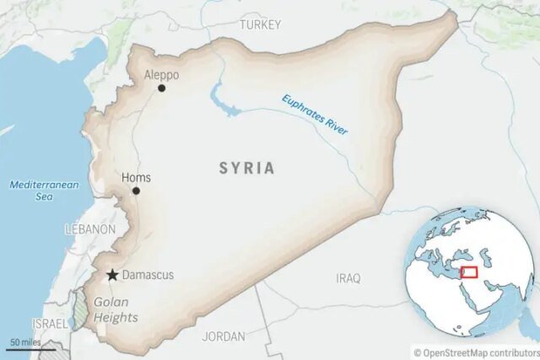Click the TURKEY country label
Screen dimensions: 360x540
coord(259,25)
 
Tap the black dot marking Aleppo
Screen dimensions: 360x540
coord(161,88)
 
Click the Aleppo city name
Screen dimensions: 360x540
coord(161,74)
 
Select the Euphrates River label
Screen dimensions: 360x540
coord(315,115)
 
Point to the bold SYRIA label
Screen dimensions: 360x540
coord(246,168)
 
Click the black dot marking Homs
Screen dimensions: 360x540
coord(136,191)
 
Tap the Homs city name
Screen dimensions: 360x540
coord(136,177)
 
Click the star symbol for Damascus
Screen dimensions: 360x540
coord(112,275)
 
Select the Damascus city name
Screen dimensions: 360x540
coord(148,275)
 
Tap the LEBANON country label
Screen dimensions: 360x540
coord(90,229)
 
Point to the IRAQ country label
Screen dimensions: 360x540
coord(348,277)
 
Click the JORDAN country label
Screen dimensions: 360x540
coord(224,336)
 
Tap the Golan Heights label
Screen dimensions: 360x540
coord(116,309)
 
